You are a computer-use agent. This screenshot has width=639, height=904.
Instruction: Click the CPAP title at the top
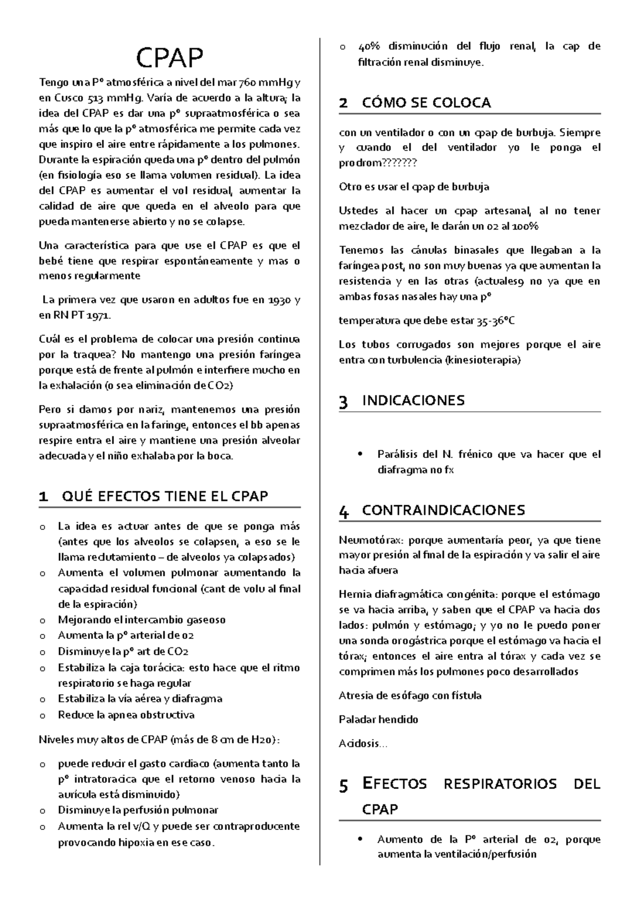coord(169,59)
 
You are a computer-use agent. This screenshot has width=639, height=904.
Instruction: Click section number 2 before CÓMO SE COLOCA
coord(343,103)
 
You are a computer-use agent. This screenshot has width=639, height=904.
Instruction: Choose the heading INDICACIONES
coord(413,400)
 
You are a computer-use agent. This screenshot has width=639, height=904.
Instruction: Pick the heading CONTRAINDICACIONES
coord(443,511)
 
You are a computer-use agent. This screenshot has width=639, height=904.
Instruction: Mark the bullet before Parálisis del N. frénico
coord(362,455)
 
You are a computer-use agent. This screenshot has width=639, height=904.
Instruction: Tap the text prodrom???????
coord(378,163)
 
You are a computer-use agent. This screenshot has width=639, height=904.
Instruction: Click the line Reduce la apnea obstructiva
coord(126,715)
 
